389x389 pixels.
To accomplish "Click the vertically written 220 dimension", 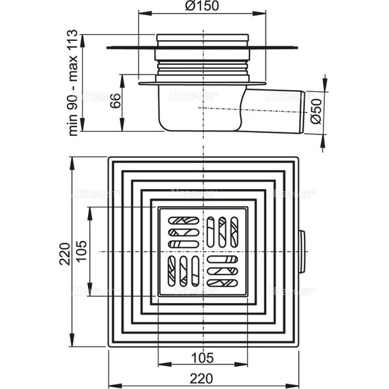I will click(63, 254).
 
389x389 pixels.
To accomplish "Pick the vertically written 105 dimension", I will click(81, 252).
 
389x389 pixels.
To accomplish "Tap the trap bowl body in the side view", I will click(198, 109).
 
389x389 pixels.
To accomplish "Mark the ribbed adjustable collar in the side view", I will click(201, 68).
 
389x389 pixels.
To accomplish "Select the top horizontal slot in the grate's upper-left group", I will click(184, 221).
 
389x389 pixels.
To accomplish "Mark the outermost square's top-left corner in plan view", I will click(109, 158).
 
